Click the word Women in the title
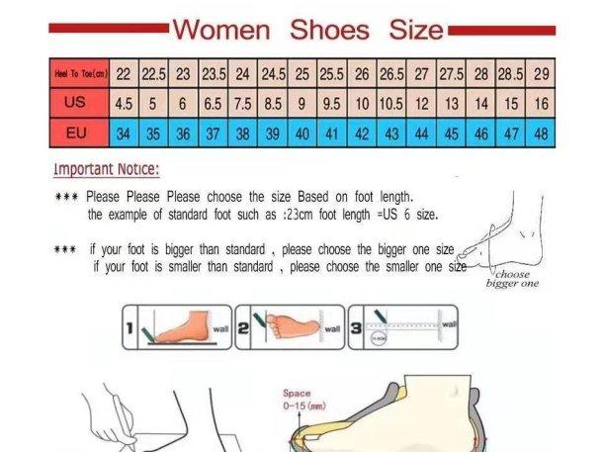click(220, 29)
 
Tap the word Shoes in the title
click(329, 29)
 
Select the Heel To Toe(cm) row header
click(79, 73)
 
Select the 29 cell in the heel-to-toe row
click(541, 73)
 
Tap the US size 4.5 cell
click(125, 103)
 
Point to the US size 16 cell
click(541, 103)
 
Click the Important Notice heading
click(106, 169)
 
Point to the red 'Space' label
click(297, 393)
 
